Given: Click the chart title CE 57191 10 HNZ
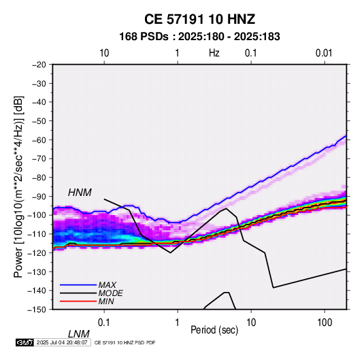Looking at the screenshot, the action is (199, 19).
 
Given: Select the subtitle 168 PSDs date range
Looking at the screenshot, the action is (199, 37).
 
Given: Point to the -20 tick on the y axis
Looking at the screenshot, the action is (39, 65).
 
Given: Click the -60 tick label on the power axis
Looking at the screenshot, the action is (39, 140).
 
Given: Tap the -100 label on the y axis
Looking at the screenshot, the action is (37, 215).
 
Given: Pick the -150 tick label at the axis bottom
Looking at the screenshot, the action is (37, 310).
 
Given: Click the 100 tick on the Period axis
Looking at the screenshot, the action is (325, 323).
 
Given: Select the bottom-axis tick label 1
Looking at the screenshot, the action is (178, 323).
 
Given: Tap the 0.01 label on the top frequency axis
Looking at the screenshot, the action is (324, 53).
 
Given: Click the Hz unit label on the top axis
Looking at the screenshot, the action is (214, 53).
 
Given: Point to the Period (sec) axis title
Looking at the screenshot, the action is (214, 330).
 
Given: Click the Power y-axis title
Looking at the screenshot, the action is (18, 186).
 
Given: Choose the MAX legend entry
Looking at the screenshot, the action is (107, 284).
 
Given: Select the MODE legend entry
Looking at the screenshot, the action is (110, 293).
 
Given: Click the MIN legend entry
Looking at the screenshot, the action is (106, 301).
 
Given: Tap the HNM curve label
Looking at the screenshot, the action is (80, 193).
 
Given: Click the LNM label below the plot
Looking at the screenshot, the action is (78, 334).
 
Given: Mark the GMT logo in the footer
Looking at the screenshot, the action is (25, 342).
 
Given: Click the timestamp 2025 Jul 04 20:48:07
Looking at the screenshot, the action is (62, 342).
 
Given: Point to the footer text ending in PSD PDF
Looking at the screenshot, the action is (125, 342).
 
